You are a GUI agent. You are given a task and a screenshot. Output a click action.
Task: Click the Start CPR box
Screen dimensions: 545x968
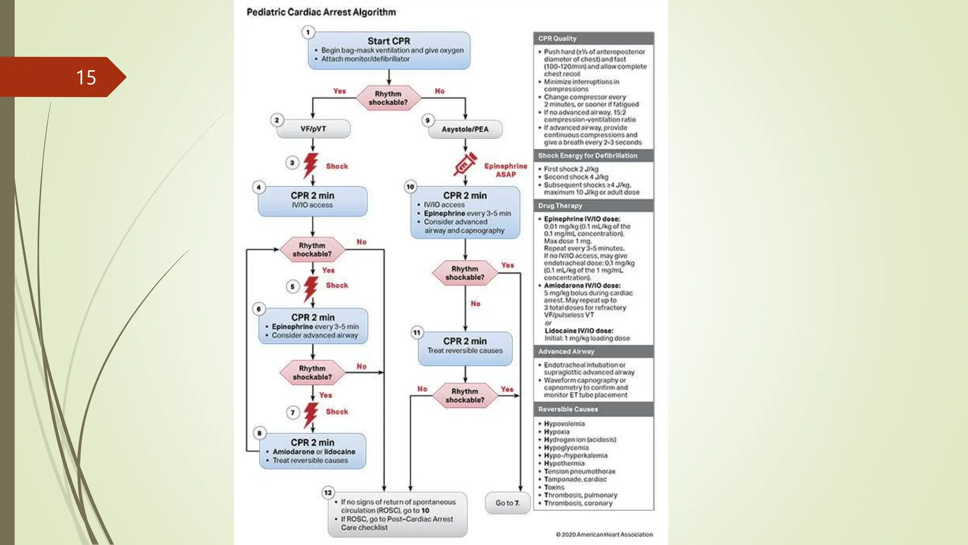coord(389,50)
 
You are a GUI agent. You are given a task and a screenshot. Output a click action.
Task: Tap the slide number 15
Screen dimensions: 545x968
coord(86,78)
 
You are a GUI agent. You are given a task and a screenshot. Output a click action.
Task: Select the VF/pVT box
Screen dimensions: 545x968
coord(313,129)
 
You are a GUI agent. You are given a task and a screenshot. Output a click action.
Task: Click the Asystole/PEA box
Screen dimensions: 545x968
coord(465,129)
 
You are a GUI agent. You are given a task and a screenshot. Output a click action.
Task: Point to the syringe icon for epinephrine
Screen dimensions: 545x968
coord(465,164)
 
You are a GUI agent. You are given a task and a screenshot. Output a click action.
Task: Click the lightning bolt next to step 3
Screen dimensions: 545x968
coord(311,165)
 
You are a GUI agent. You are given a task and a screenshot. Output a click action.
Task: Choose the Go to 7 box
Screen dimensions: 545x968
coord(507,503)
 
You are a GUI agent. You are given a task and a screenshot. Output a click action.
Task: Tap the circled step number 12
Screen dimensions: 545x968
coord(328,492)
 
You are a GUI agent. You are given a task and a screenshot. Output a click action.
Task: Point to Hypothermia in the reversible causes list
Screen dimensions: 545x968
coord(564,464)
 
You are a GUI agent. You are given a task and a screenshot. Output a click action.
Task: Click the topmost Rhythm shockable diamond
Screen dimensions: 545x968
coord(388,98)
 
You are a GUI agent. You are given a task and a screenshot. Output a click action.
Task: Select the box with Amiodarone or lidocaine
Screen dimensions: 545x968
coord(312,451)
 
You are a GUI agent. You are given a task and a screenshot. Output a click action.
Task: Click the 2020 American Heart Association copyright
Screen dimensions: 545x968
coord(604,535)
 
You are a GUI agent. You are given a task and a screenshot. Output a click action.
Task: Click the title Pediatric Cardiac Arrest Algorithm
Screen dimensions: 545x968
coord(321,12)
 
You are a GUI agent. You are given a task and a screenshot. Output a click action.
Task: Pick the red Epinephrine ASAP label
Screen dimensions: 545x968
coord(505,170)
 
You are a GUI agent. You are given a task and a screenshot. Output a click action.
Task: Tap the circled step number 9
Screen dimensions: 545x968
coord(428,120)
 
